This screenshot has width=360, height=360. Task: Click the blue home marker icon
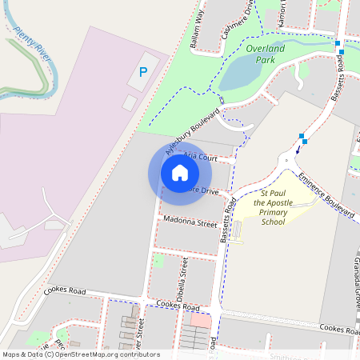click(180, 172)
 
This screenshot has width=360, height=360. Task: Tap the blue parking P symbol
click(143, 72)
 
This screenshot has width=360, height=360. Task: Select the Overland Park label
click(265, 54)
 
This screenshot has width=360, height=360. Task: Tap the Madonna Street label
click(190, 222)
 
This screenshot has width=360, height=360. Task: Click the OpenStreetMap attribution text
click(80, 354)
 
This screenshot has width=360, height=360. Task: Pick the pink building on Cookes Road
click(200, 320)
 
